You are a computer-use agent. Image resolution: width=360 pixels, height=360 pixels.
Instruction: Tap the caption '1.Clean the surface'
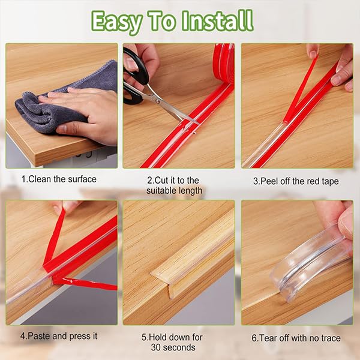(x=59, y=179)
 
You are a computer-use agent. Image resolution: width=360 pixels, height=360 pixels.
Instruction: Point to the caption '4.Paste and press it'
(x=59, y=336)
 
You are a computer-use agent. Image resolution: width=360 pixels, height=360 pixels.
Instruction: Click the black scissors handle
(x=136, y=69)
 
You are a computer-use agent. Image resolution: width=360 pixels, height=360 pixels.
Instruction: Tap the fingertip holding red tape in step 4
(x=65, y=207)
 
